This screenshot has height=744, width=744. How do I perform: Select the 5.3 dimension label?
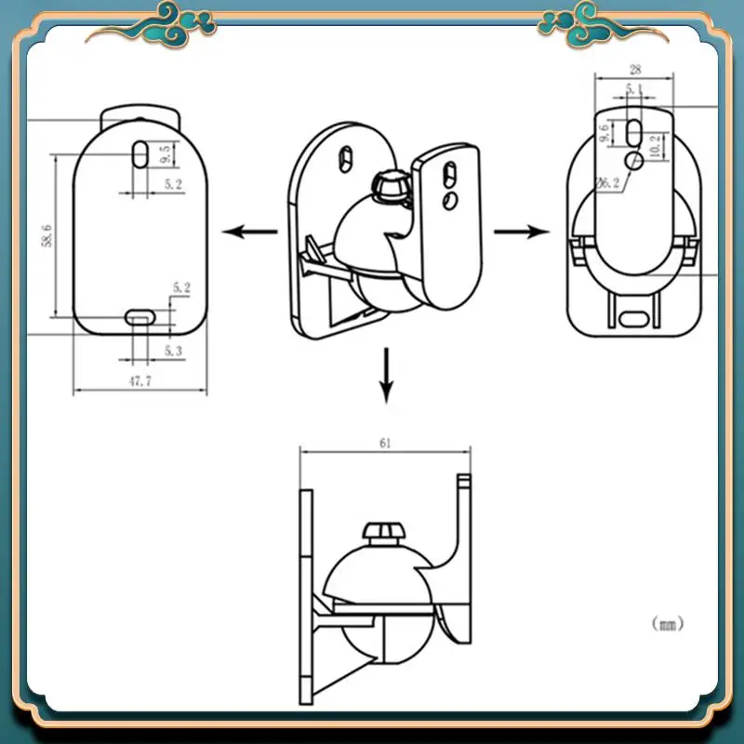(x=172, y=350)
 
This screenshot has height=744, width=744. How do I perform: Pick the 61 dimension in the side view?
(x=384, y=444)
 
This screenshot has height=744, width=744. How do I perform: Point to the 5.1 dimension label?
(x=634, y=89)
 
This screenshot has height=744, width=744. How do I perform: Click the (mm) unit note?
(x=667, y=624)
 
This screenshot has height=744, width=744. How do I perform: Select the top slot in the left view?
(x=138, y=154)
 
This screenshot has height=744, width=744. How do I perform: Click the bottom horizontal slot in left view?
(x=139, y=318)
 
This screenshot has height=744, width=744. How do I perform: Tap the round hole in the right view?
(x=635, y=161)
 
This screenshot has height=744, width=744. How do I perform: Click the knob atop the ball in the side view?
(x=383, y=533)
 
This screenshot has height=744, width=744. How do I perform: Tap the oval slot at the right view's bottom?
(x=635, y=314)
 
